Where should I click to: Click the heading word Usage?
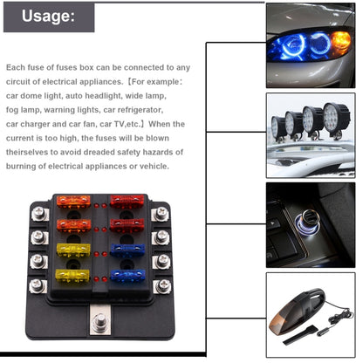48,16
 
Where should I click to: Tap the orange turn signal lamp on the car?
340,42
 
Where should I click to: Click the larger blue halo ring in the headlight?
292,45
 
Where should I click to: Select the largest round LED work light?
336,118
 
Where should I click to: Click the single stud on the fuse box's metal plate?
99,321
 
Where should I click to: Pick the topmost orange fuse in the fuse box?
73,202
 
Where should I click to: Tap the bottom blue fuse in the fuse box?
127,276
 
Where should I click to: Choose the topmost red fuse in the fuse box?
127,202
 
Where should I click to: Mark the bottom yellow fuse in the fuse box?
72,276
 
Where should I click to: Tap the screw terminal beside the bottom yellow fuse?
38,285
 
